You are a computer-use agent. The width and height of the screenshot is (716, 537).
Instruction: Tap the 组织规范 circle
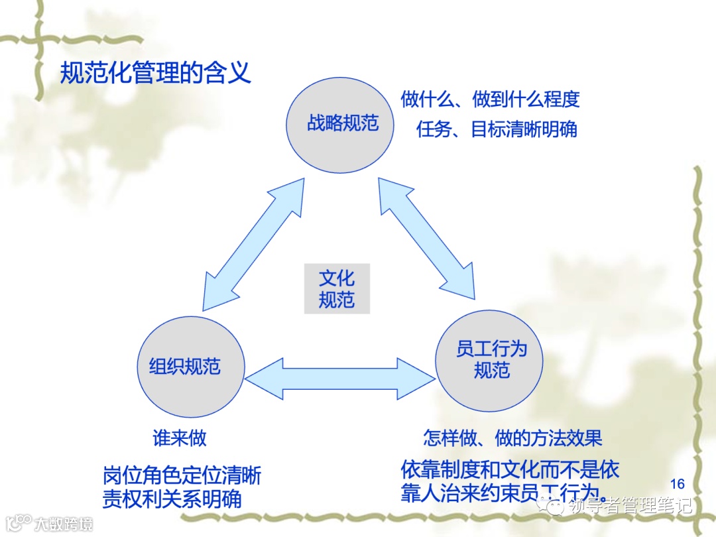[190, 366]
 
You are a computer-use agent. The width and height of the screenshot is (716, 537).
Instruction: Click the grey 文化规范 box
[337, 288]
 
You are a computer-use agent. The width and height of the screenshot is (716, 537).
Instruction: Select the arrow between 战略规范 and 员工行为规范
[427, 240]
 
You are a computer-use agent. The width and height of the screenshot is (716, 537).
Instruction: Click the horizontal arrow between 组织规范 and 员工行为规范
[340, 379]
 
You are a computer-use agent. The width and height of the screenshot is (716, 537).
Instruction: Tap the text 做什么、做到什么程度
[490, 99]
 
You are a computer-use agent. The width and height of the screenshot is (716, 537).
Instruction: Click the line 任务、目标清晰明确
[497, 129]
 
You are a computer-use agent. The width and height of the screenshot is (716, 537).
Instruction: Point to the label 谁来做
[180, 438]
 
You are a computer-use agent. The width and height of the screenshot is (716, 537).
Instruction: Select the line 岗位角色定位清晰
[182, 475]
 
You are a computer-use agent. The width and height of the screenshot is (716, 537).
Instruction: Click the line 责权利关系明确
[172, 499]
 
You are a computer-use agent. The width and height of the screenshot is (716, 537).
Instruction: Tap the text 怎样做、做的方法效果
[512, 438]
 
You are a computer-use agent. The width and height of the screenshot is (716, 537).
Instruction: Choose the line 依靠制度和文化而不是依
[510, 470]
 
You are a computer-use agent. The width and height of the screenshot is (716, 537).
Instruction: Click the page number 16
[678, 484]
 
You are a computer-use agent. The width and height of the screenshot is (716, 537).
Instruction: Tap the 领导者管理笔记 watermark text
[630, 506]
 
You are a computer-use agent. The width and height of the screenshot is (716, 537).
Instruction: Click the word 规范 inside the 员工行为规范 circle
[491, 370]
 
